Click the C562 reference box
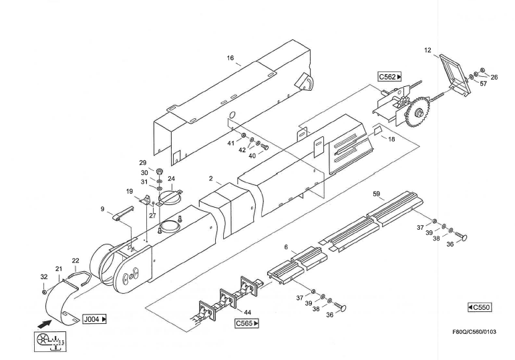click(x=390, y=77)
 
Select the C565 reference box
click(x=246, y=323)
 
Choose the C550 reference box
click(x=480, y=307)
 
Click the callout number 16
click(x=230, y=58)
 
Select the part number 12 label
click(x=427, y=50)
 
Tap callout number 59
click(x=377, y=194)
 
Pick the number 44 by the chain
click(x=248, y=312)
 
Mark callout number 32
click(x=43, y=277)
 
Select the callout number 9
click(x=103, y=209)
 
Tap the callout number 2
click(x=210, y=179)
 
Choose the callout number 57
click(x=484, y=84)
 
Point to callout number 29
click(x=142, y=163)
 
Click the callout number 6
click(x=286, y=246)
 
